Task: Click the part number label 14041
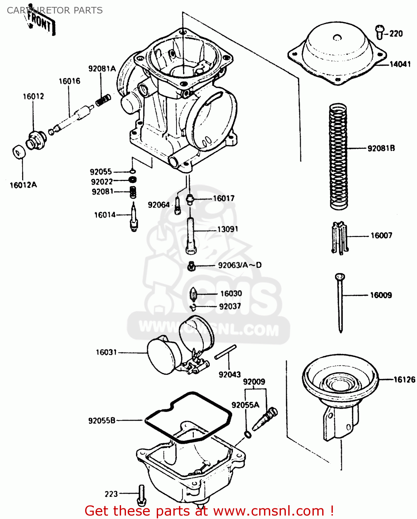(400, 64)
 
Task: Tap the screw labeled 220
(380, 32)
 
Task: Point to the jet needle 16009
(340, 301)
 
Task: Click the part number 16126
(404, 380)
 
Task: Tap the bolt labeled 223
(142, 495)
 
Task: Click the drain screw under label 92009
(265, 419)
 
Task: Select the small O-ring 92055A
(248, 435)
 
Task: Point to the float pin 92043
(225, 352)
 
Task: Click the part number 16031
(106, 352)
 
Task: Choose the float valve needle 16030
(193, 295)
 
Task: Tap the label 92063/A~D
(239, 265)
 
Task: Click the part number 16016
(69, 81)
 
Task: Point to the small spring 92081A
(103, 100)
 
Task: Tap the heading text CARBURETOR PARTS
(55, 10)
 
